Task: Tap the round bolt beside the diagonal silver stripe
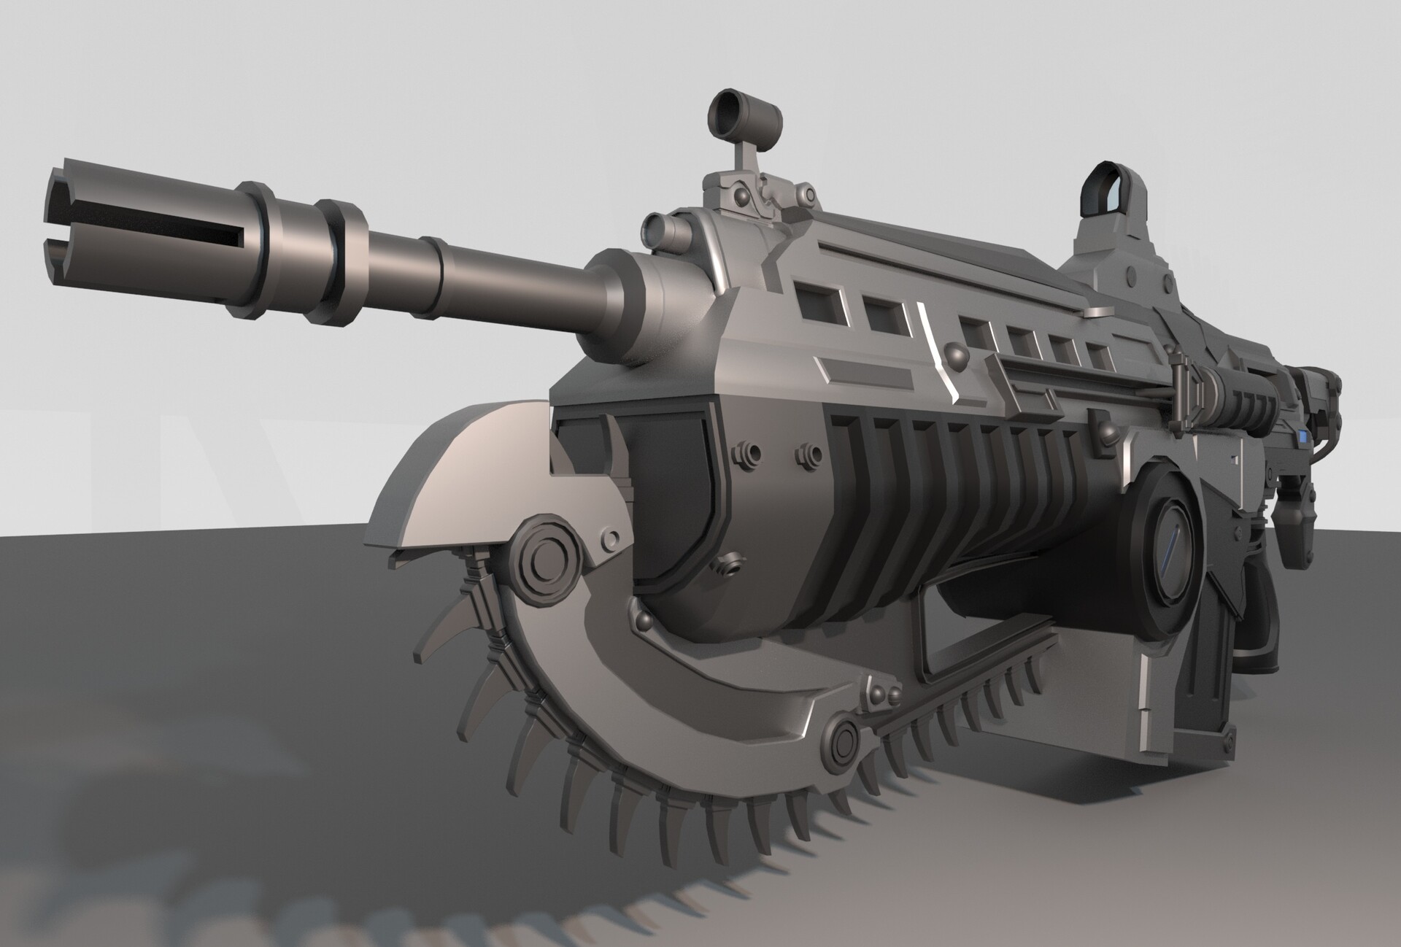point(956,356)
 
